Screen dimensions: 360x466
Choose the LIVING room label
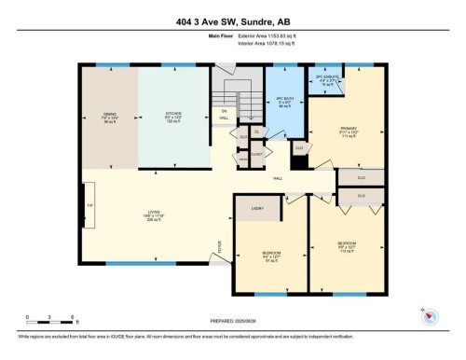(153, 214)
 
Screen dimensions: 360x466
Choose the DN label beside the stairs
(224, 114)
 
